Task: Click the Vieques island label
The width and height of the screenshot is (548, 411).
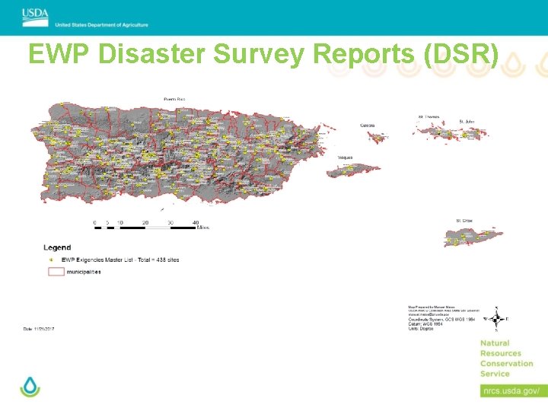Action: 346,158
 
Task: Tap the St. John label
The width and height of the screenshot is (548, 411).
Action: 467,121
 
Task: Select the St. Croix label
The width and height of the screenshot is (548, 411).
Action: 464,220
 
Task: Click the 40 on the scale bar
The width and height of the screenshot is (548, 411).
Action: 196,222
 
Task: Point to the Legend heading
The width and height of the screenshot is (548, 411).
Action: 57,247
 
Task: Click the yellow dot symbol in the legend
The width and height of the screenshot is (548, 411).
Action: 52,260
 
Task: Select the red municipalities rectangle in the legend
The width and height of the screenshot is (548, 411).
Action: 52,272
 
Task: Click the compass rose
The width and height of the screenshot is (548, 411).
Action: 497,319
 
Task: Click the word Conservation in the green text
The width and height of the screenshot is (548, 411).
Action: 506,363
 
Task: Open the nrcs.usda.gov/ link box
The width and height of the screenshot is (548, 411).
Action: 510,390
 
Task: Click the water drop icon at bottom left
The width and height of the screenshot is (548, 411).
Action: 30,386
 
